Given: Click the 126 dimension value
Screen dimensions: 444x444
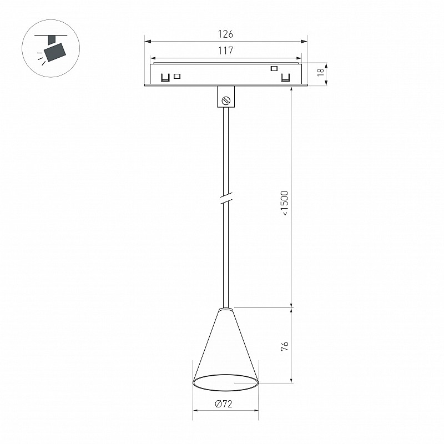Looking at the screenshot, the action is click(x=225, y=34).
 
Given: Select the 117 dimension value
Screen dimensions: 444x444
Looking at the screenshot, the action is click(x=225, y=51).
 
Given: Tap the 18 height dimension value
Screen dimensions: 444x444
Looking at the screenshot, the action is click(x=320, y=72).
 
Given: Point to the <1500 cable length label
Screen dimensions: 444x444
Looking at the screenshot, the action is click(x=285, y=203).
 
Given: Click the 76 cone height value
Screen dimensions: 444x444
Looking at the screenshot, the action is click(x=285, y=346).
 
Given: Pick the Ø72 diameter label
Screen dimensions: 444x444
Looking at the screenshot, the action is click(x=224, y=403).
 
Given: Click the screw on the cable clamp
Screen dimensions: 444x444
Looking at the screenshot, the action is click(x=226, y=100).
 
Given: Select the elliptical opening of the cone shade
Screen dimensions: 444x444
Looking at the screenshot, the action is click(x=225, y=383).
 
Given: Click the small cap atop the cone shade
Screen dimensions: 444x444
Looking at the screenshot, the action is click(x=226, y=310).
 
